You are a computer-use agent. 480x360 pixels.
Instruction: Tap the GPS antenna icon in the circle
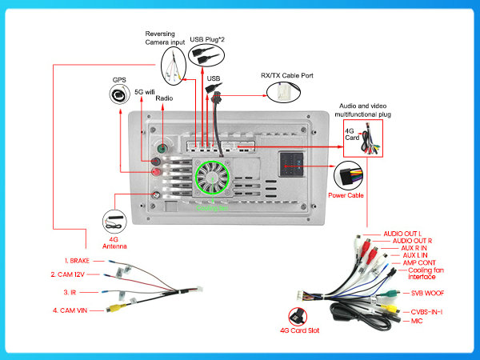[x=120, y=97]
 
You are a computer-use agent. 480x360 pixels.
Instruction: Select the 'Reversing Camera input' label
[x=166, y=38]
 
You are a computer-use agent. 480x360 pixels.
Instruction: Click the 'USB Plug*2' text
[x=207, y=38]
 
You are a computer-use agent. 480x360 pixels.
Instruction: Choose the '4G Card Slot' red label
[x=298, y=329]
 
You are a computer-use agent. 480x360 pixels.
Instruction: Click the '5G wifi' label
[x=144, y=91]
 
